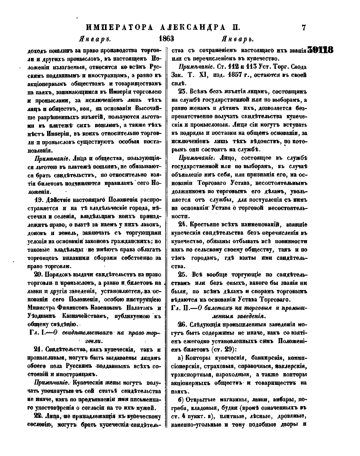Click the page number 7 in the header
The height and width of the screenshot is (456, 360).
(x=303, y=28)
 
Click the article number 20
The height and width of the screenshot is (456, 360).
(x=38, y=274)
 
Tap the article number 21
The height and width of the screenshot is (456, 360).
(x=38, y=350)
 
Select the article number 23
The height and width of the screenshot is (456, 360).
(x=182, y=91)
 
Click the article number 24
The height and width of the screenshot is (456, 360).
(x=182, y=224)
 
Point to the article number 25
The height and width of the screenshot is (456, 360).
(x=182, y=274)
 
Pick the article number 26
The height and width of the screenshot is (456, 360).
(x=182, y=325)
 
